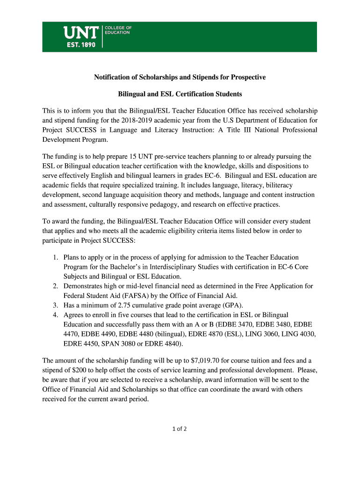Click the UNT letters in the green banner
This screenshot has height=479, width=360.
(x=81, y=32)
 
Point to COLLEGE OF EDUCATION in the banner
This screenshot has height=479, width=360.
(x=117, y=30)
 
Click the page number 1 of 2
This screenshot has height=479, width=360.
(x=180, y=428)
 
